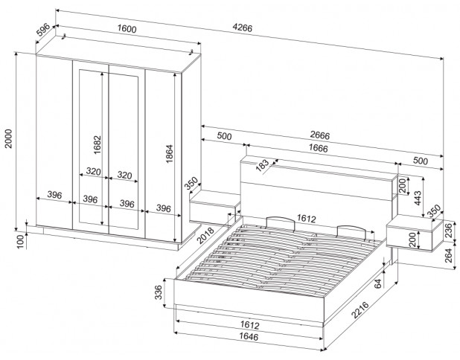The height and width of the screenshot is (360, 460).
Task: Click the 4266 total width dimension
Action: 243,28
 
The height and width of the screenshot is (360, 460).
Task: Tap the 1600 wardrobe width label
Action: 127,29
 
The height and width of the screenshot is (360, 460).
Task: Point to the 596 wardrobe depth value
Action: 43,29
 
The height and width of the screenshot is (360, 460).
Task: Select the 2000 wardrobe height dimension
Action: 8,138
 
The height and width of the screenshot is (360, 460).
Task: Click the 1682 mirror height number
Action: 97,145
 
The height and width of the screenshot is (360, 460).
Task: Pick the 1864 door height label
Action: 169,154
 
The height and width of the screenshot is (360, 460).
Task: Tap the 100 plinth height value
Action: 20,242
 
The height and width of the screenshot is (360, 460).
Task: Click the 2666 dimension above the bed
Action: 320,135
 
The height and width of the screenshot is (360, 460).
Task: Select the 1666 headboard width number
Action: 319,148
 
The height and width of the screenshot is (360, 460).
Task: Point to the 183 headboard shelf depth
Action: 262,165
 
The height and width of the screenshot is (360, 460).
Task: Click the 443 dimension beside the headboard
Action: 417,198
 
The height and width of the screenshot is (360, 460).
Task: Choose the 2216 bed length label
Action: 360,310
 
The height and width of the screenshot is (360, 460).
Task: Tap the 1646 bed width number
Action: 249,336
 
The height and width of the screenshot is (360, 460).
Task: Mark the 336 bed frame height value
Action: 158,292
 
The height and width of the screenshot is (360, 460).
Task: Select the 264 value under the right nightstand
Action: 449,255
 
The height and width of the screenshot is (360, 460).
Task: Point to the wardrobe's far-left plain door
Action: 54,141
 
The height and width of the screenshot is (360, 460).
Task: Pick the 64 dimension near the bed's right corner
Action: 378,283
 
